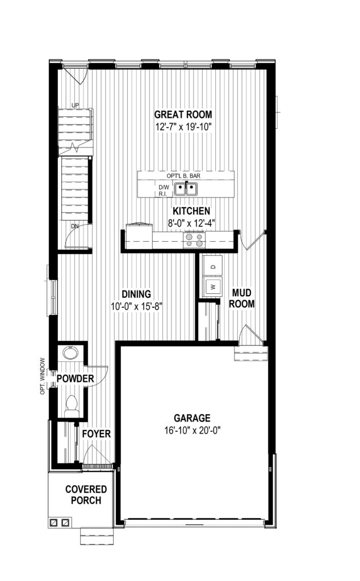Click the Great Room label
183,114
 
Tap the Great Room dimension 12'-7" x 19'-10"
183,127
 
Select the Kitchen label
191,211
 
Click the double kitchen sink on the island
186,189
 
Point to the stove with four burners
194,240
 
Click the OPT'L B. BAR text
183,176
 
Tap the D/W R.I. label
164,191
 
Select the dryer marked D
212,266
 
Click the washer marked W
212,287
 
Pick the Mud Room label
242,298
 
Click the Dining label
136,294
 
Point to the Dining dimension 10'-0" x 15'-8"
137,306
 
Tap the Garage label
192,418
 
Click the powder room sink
69,352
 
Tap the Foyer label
97,433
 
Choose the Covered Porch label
86,495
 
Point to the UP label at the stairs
75,105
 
